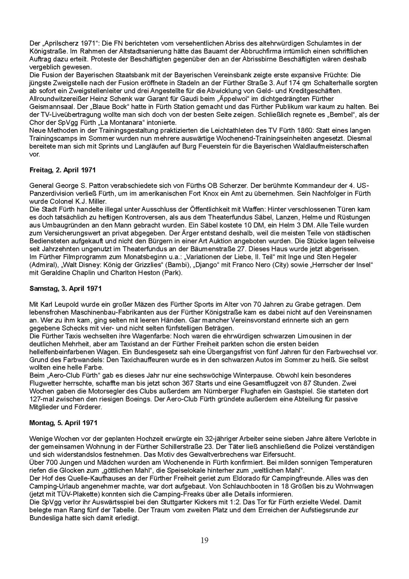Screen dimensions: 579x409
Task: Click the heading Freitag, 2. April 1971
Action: pos(62,170)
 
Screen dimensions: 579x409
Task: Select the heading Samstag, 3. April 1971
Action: pos(65,288)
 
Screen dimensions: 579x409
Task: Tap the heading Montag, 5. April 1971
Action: pos(63,422)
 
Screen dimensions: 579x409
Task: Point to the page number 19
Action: pos(204,540)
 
